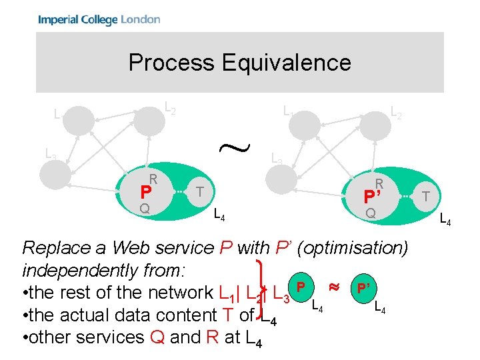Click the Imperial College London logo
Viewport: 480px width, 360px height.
point(99,19)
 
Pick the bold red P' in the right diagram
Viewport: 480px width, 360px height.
point(371,197)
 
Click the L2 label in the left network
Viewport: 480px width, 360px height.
point(170,107)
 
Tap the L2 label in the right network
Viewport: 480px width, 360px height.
point(396,114)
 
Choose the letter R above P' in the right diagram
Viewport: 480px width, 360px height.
point(379,183)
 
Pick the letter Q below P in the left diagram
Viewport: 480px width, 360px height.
point(144,209)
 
